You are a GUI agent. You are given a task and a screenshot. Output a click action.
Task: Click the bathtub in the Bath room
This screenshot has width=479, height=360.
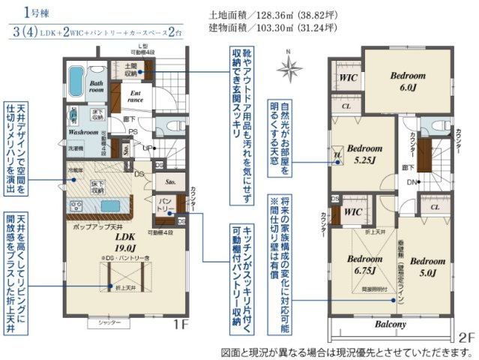point(79,77)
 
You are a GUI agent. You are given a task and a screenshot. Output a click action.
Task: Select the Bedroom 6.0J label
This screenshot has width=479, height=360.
point(407,81)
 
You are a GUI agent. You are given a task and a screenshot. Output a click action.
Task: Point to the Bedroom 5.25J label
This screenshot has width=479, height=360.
point(365,153)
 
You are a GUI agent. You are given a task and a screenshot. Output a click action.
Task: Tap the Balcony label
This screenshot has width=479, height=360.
point(390,324)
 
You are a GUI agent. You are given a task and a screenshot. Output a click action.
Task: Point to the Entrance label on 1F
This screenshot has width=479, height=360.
point(136,96)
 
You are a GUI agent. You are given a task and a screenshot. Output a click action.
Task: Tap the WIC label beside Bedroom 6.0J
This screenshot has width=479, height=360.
point(346,78)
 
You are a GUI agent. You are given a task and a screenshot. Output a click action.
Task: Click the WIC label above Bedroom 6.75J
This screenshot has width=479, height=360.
point(353,211)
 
